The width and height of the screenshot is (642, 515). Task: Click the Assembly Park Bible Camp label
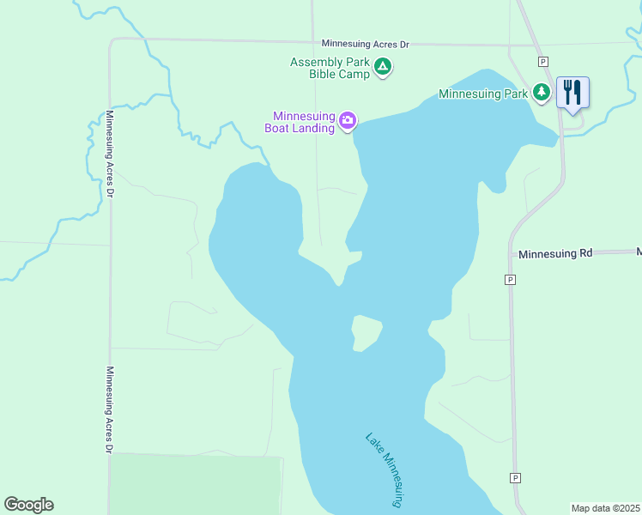click(330, 68)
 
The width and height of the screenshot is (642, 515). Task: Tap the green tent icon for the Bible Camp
click(384, 66)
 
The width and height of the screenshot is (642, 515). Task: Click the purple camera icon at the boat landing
click(348, 120)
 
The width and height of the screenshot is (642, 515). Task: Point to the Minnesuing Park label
click(482, 94)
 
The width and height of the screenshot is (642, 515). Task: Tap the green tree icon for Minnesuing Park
click(541, 92)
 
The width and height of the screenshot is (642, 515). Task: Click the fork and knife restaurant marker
click(572, 91)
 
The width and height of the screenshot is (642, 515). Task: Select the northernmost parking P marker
click(542, 61)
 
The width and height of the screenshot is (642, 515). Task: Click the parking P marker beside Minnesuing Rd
click(511, 280)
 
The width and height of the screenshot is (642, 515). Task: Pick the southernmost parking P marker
click(515, 477)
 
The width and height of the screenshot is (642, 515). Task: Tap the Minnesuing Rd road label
click(556, 253)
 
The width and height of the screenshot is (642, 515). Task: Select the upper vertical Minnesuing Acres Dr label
click(111, 154)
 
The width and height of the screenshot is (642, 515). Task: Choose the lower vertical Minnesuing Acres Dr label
click(110, 410)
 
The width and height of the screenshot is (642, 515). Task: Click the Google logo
click(29, 505)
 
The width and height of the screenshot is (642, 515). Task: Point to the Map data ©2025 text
click(605, 508)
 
